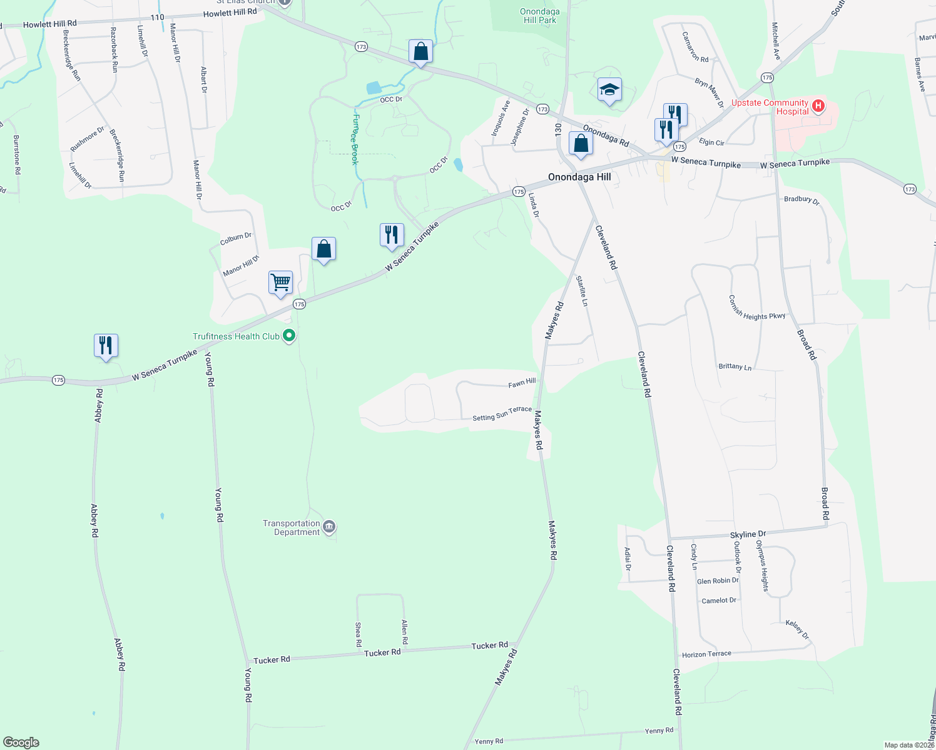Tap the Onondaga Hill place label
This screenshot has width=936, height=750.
pyautogui.click(x=579, y=177)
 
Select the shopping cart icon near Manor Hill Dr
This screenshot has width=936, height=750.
pyautogui.click(x=280, y=282)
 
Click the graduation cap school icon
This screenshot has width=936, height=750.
pyautogui.click(x=609, y=90)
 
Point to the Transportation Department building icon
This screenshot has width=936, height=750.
pyautogui.click(x=330, y=527)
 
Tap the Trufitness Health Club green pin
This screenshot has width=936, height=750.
pyautogui.click(x=289, y=336)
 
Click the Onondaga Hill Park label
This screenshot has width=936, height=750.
pyautogui.click(x=539, y=16)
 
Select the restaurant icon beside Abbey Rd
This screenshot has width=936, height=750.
pyautogui.click(x=106, y=345)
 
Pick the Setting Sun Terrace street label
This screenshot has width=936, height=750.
pyautogui.click(x=502, y=414)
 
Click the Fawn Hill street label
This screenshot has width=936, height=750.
pyautogui.click(x=522, y=382)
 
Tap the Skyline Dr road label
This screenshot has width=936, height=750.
pyautogui.click(x=748, y=535)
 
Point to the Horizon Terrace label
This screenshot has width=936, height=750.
pyautogui.click(x=706, y=654)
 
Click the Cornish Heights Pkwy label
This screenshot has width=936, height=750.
pyautogui.click(x=757, y=307)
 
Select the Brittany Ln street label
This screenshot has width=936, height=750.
pyautogui.click(x=735, y=367)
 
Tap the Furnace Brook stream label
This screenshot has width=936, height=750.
pyautogui.click(x=355, y=139)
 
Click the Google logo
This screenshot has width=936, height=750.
pyautogui.click(x=21, y=742)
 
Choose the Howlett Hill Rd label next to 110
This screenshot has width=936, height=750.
pyautogui.click(x=230, y=12)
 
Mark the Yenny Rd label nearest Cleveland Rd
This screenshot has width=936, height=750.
pyautogui.click(x=659, y=731)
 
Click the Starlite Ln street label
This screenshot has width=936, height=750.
pyautogui.click(x=582, y=291)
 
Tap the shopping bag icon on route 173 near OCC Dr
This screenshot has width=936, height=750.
pyautogui.click(x=420, y=51)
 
